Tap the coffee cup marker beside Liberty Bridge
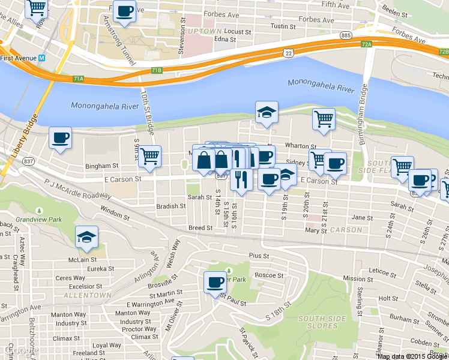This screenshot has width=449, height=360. tap(60, 138)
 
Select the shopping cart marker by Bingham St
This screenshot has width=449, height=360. tap(149, 156)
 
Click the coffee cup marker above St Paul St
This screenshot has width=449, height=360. tap(215, 282)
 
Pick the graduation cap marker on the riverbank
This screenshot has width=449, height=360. tap(267, 112)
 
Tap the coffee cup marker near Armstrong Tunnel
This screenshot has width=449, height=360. tap(124, 11)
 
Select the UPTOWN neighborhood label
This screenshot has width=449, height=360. tap(205, 31)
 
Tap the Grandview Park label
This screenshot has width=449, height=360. tap(39, 220)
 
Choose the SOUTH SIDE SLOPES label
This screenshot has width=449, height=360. tap(318, 322)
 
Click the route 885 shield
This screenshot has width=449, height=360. tap(345, 36)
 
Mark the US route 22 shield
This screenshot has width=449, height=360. tap(289, 53)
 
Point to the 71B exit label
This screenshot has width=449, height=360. tap(156, 70)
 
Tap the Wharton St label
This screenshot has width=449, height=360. tap(300, 146)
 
